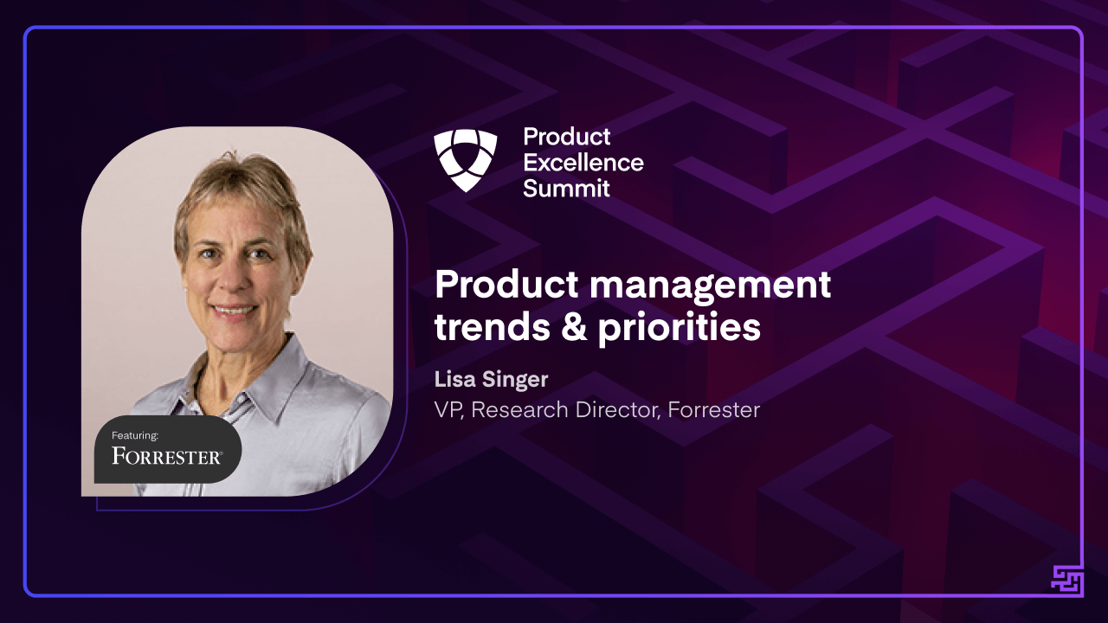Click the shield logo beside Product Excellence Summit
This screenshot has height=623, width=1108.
(x=466, y=161)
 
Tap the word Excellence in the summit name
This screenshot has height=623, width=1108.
(x=583, y=162)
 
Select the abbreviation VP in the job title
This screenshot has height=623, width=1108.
(x=448, y=409)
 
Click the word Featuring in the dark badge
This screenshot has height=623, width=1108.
(x=135, y=435)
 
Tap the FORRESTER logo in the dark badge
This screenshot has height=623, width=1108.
(x=167, y=456)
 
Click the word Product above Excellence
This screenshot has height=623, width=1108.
(x=567, y=137)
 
